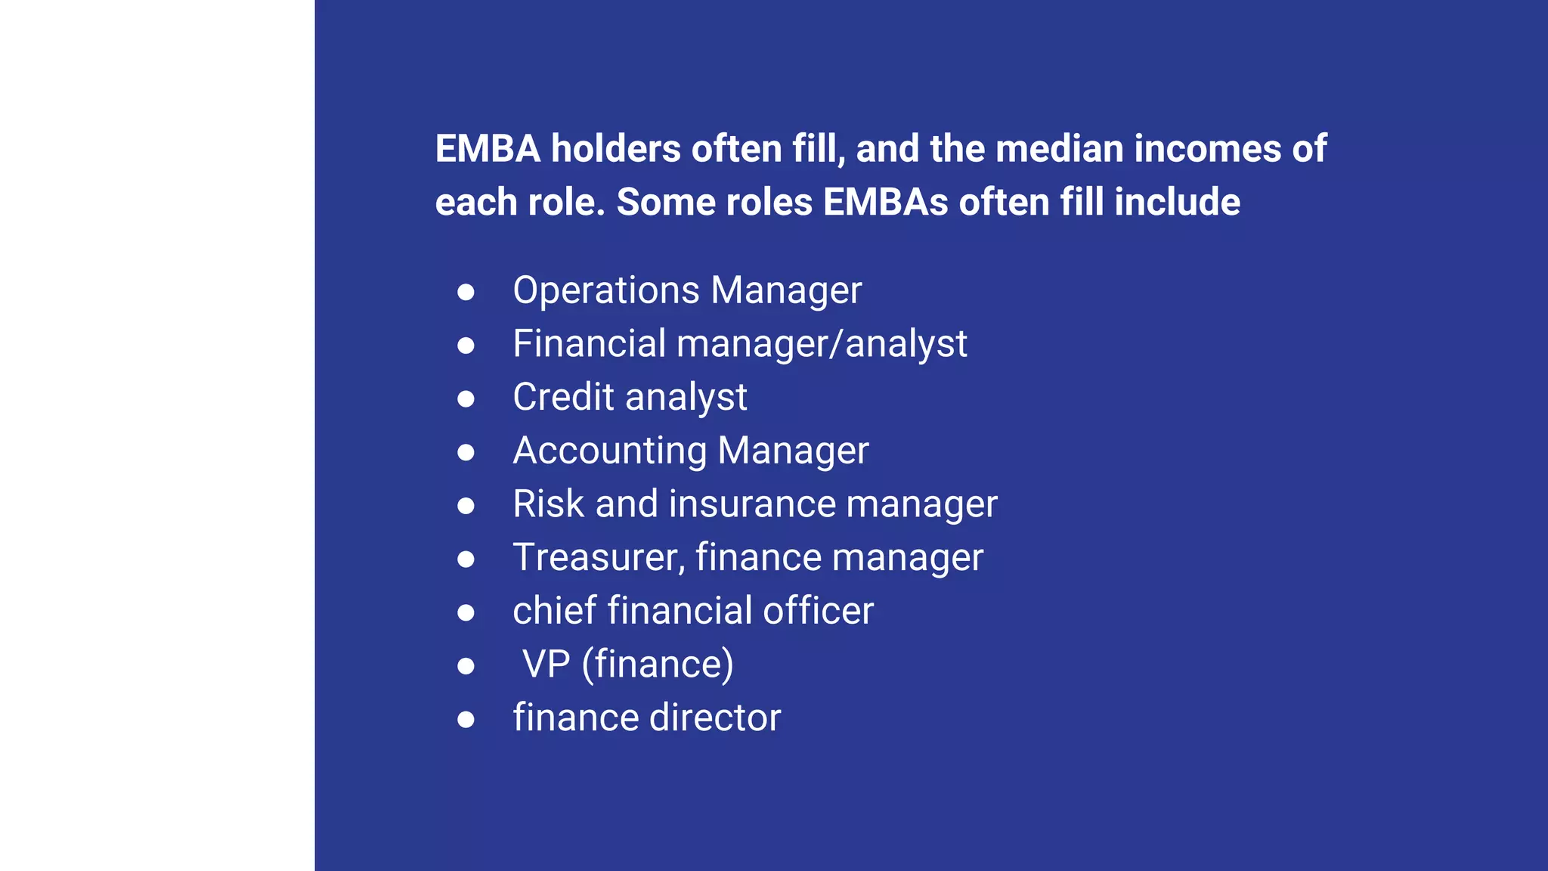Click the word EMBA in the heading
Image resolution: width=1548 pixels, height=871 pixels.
pos(488,148)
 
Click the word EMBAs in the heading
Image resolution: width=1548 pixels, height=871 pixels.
pos(885,202)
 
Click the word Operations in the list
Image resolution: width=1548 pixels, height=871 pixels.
pos(606,290)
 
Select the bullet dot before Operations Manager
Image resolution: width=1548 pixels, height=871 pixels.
pos(466,292)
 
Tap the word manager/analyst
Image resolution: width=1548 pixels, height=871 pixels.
pos(822,344)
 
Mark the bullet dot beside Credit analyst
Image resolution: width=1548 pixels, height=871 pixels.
pos(466,398)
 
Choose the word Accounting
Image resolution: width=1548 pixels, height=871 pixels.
pos(609,451)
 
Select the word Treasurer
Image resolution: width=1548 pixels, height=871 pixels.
pos(599,558)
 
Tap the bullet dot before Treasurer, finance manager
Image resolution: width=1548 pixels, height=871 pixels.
pos(466,559)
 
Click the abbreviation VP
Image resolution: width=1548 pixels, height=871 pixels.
pos(546,664)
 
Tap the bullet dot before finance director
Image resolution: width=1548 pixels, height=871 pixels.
pos(466,719)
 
